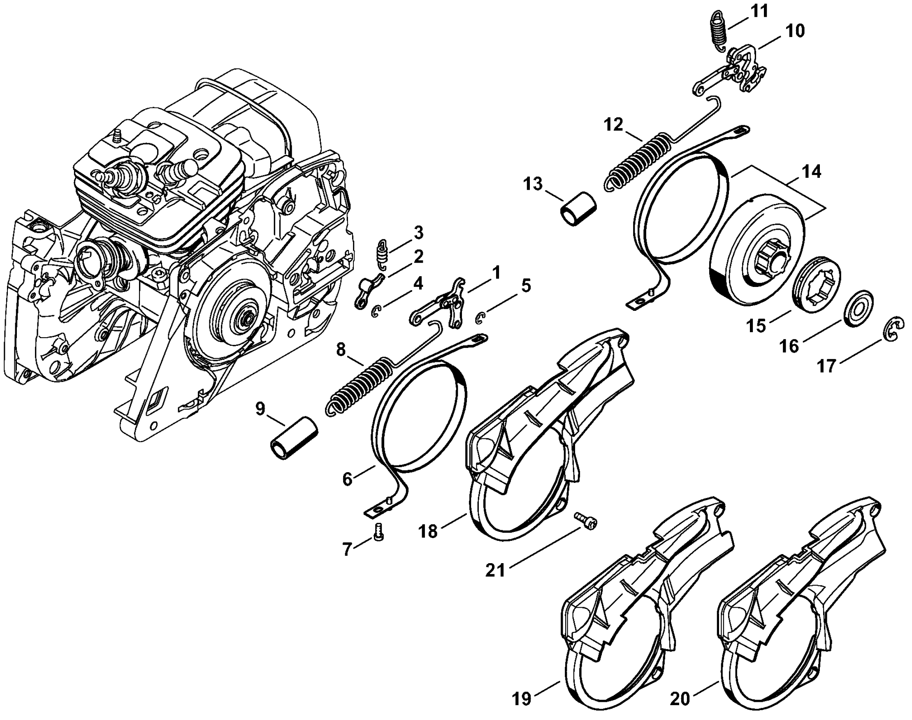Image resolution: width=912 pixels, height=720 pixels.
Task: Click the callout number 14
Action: (x=811, y=172)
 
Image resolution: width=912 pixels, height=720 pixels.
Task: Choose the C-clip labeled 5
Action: (x=480, y=318)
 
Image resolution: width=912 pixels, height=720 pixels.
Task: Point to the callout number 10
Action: (x=794, y=30)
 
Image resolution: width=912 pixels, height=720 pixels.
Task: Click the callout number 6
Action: (x=347, y=479)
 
